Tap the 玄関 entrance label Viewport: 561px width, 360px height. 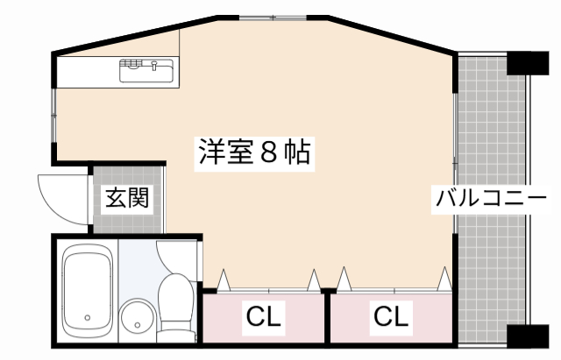click(127, 199)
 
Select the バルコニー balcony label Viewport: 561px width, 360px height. click(491, 198)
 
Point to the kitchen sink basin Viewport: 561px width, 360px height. click(147, 71)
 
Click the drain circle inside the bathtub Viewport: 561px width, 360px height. click(87, 318)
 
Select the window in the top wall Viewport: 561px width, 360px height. click(273, 17)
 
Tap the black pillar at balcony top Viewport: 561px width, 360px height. click(529, 62)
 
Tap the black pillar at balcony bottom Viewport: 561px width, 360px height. click(529, 336)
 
